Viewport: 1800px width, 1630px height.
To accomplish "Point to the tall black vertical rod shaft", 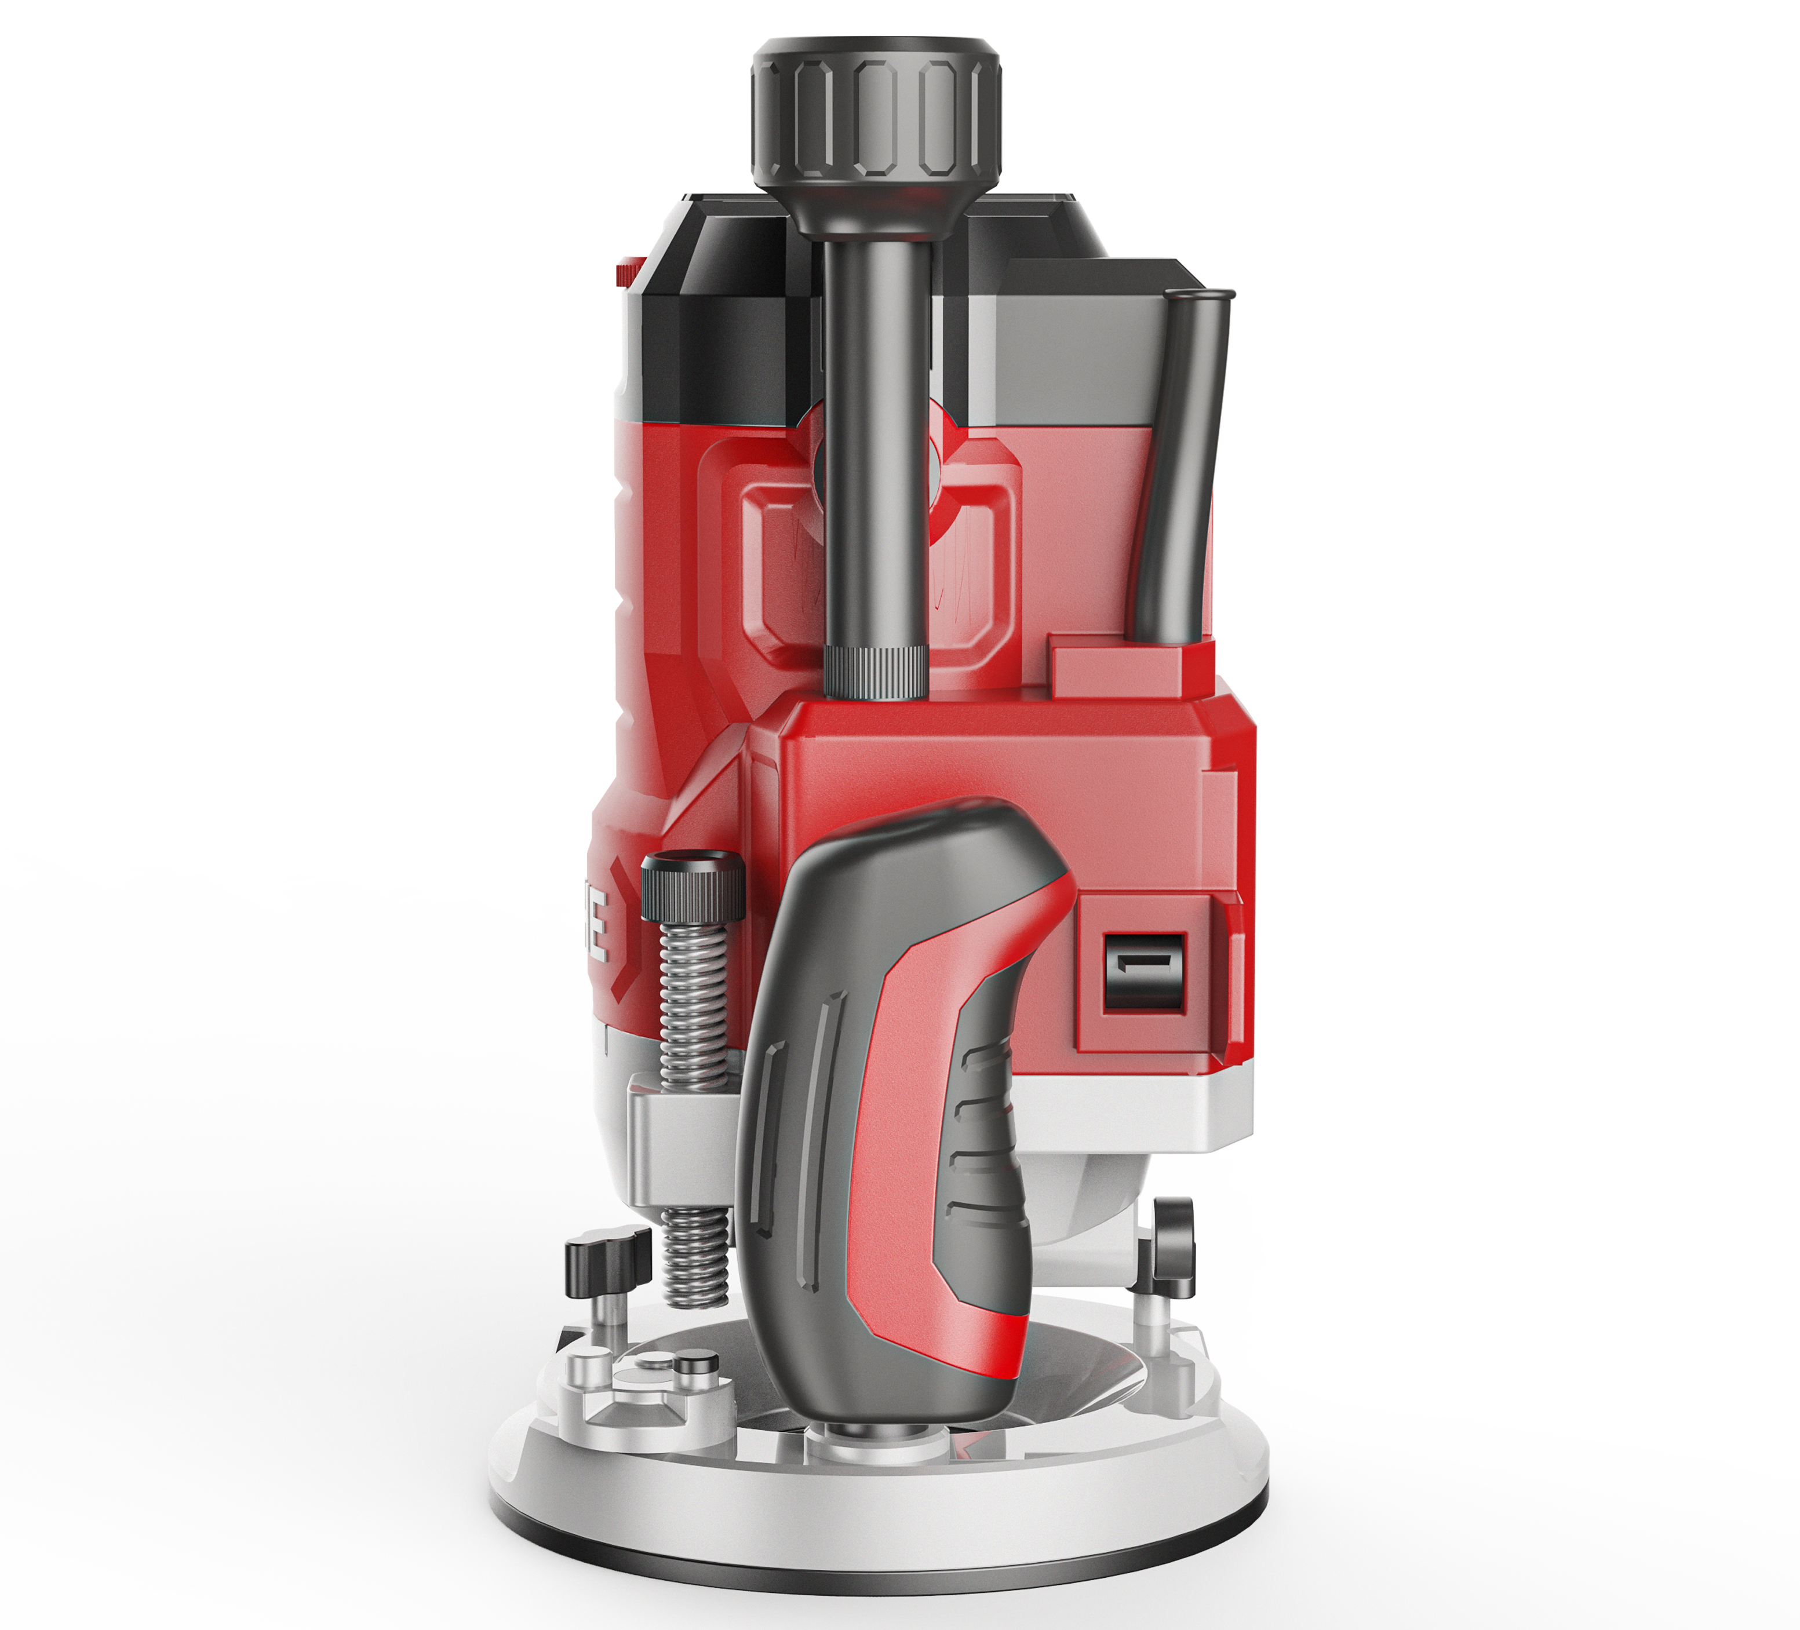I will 875,446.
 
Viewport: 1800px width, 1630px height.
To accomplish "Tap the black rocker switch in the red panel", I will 1145,972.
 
